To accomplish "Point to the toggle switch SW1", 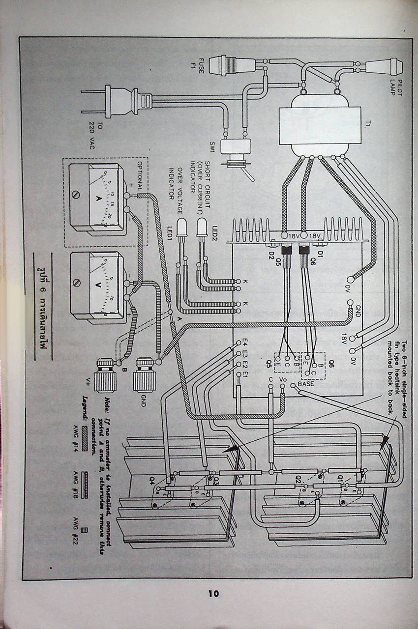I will (x=237, y=148).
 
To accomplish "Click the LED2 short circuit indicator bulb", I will (x=201, y=229).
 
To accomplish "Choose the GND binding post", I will (x=145, y=374).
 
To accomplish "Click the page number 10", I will (x=213, y=593).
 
